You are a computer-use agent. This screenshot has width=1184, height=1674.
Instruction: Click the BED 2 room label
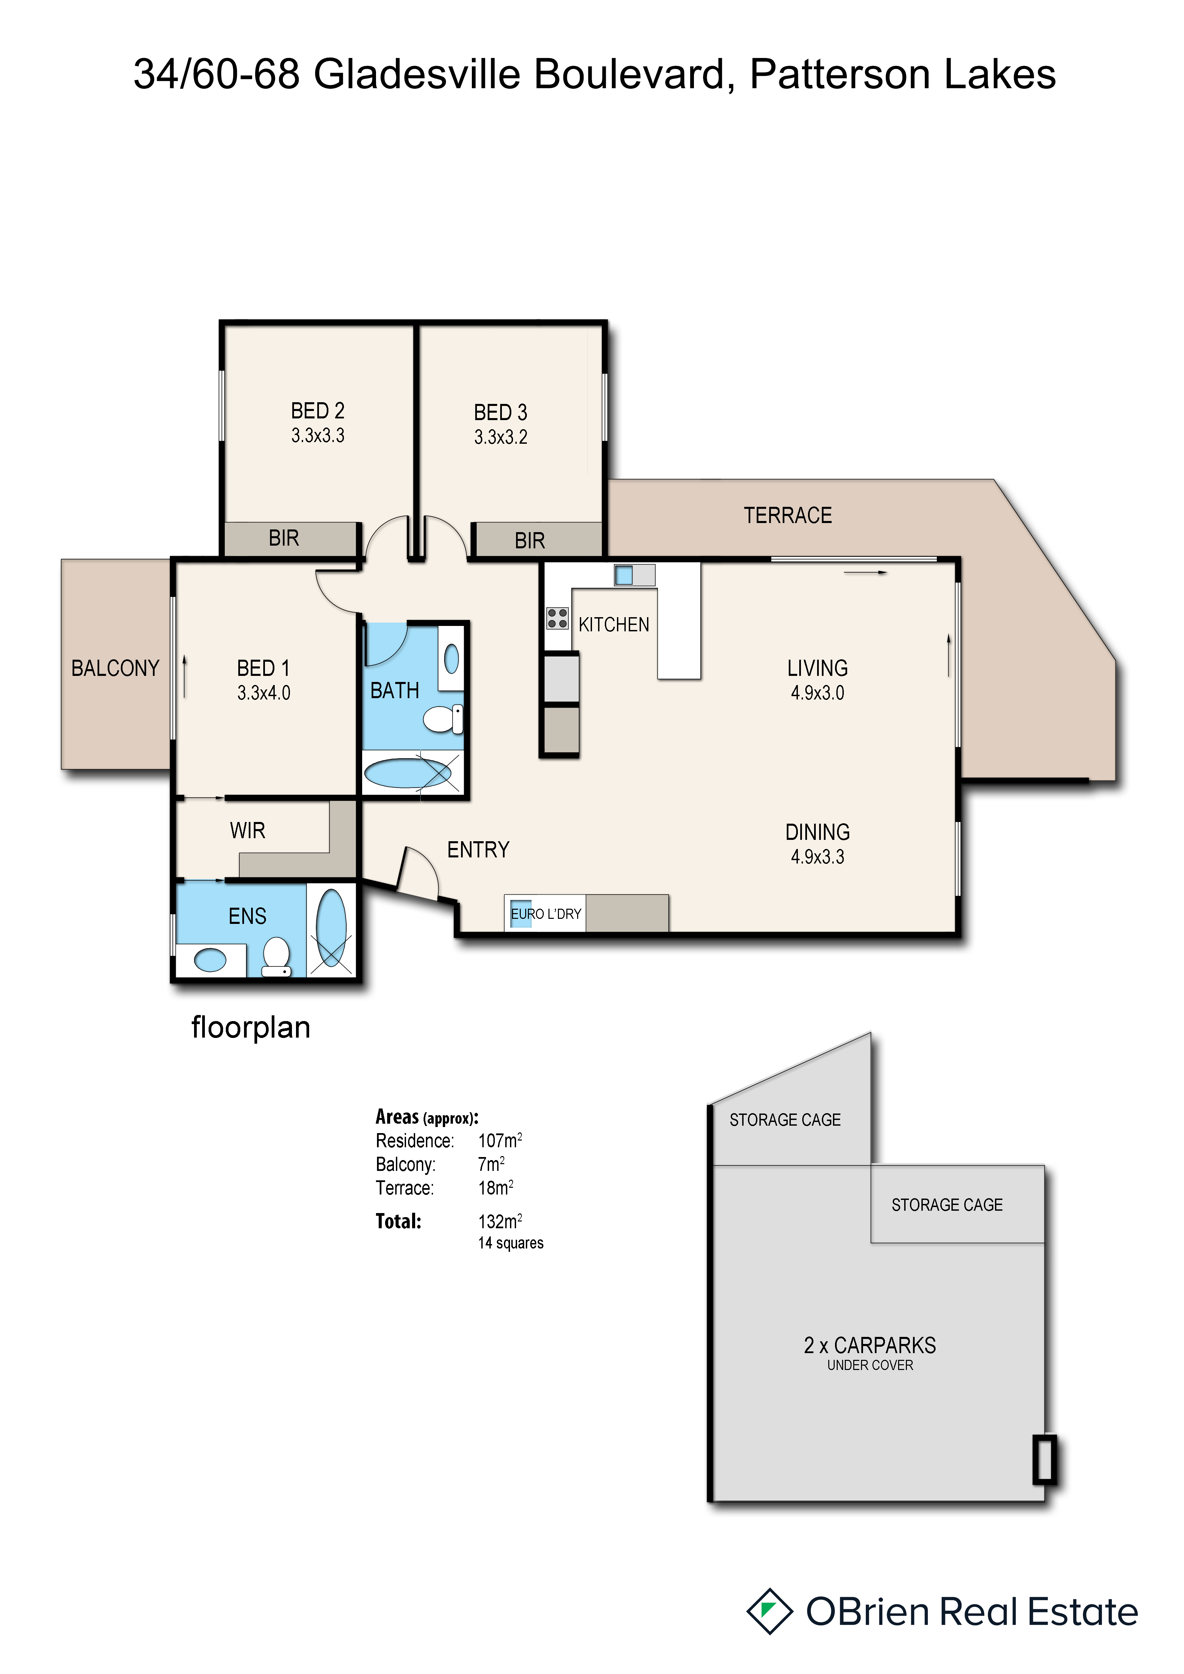click(x=318, y=410)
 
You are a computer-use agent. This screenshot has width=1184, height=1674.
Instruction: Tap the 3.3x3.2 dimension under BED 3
click(x=501, y=437)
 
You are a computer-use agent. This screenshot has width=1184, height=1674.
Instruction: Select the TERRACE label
click(x=788, y=516)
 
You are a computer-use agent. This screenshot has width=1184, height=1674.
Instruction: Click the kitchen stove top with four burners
click(x=558, y=618)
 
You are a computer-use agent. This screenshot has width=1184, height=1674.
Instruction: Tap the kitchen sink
click(x=624, y=575)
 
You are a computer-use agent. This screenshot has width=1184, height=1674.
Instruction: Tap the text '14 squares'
click(x=511, y=1243)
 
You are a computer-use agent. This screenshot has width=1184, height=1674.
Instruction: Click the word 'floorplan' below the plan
click(x=251, y=1028)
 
